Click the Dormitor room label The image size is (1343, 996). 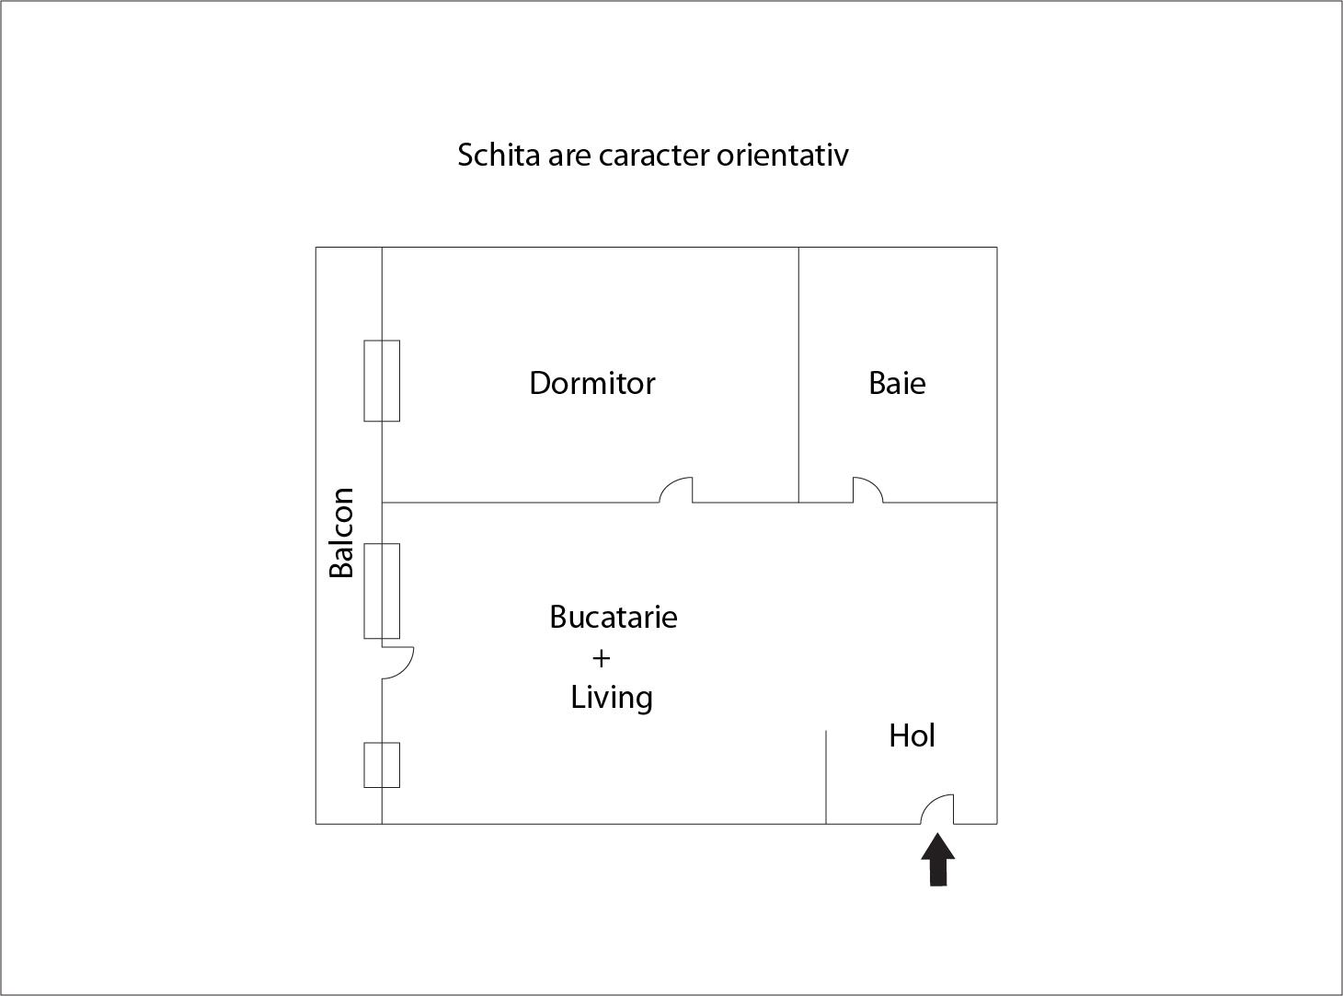pyautogui.click(x=592, y=383)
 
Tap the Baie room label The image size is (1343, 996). pyautogui.click(x=897, y=383)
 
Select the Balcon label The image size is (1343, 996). pyautogui.click(x=341, y=533)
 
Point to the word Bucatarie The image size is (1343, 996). pyautogui.click(x=614, y=617)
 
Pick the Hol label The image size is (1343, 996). pyautogui.click(x=912, y=735)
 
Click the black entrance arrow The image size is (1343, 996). pyautogui.click(x=938, y=860)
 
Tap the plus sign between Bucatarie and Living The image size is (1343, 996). pyautogui.click(x=602, y=658)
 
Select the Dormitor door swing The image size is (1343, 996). pyautogui.click(x=676, y=490)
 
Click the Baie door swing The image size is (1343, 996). pyautogui.click(x=867, y=490)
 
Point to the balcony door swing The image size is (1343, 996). pyautogui.click(x=397, y=663)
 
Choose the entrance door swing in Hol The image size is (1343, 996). pyautogui.click(x=937, y=809)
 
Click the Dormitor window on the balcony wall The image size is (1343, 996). pyautogui.click(x=382, y=381)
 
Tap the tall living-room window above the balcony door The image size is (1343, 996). pyautogui.click(x=382, y=591)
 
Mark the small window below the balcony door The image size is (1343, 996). pyautogui.click(x=382, y=765)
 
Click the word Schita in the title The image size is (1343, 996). pyautogui.click(x=499, y=156)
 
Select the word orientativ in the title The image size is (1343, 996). pyautogui.click(x=782, y=156)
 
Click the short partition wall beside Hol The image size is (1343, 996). pyautogui.click(x=826, y=777)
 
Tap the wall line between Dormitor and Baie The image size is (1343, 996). pyautogui.click(x=798, y=375)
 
